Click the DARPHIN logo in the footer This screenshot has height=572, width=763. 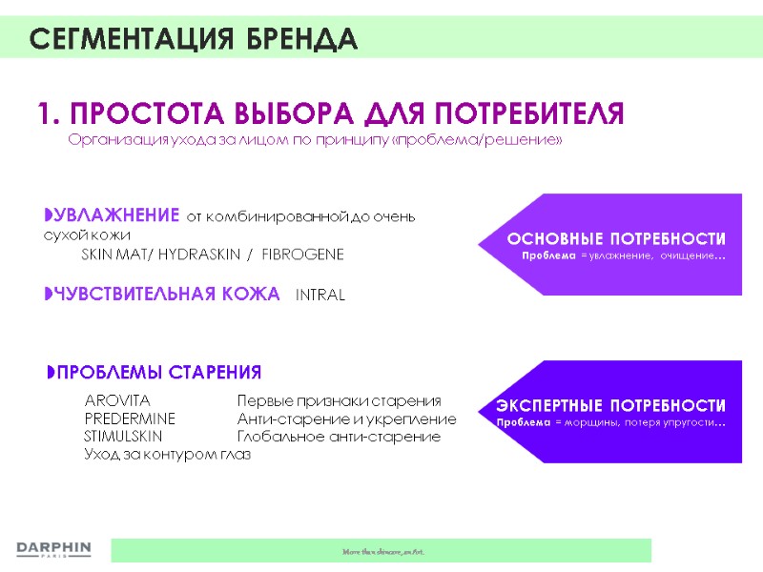[53, 549]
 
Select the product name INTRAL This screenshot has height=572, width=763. [320, 296]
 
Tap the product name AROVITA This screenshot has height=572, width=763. [117, 400]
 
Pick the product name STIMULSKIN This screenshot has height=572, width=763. [123, 437]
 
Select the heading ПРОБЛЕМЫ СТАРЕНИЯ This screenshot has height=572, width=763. [159, 372]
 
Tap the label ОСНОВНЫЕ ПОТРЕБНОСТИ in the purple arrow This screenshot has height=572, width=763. [615, 238]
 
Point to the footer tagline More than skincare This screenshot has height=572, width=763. [381, 551]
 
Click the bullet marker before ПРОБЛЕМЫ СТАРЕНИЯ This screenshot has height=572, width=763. [52, 372]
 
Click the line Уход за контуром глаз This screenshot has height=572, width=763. [167, 455]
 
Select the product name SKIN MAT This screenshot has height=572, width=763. [112, 255]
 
